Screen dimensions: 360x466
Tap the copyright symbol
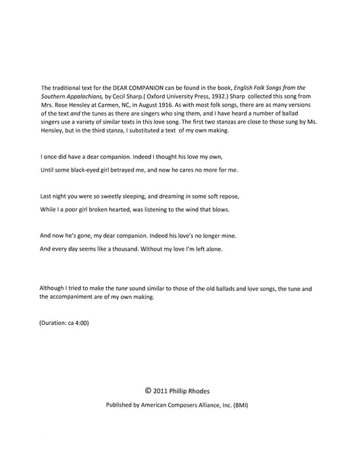[148, 390]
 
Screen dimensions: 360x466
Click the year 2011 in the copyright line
[161, 391]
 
